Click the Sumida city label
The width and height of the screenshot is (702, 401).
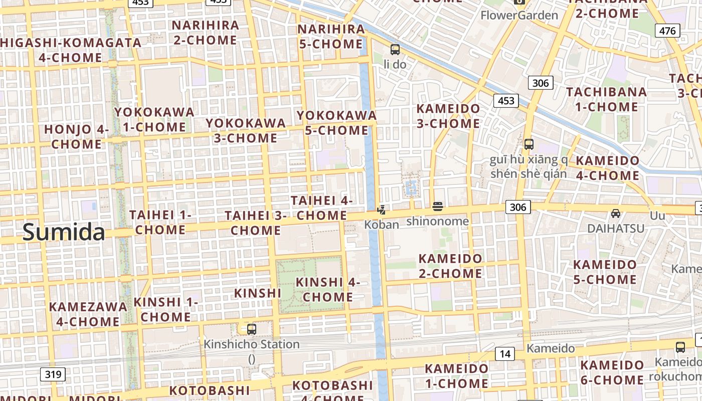point(64,233)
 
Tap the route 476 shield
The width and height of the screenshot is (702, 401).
point(667,31)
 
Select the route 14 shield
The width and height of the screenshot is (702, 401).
point(504,354)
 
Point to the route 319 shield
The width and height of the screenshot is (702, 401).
point(53,374)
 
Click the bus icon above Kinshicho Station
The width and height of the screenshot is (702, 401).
point(252,329)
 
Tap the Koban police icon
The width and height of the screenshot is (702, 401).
point(382,210)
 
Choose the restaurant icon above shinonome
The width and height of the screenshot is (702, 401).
point(438,207)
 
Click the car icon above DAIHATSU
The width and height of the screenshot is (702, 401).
point(616,214)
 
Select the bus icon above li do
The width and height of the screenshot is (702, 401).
point(395,49)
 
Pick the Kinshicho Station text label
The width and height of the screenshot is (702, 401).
point(252,344)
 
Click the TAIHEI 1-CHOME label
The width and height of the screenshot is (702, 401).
point(160,222)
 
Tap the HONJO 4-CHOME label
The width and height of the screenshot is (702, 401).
point(77,136)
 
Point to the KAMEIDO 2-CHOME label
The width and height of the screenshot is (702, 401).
point(450,266)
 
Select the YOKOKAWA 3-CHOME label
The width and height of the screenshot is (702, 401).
point(246,130)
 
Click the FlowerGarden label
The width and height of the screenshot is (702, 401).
point(519,15)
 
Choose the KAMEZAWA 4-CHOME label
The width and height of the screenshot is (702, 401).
point(88,314)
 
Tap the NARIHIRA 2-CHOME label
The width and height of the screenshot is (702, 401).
point(205,33)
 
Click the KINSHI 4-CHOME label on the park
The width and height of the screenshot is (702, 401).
point(328,289)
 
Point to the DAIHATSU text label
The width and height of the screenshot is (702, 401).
point(616,229)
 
